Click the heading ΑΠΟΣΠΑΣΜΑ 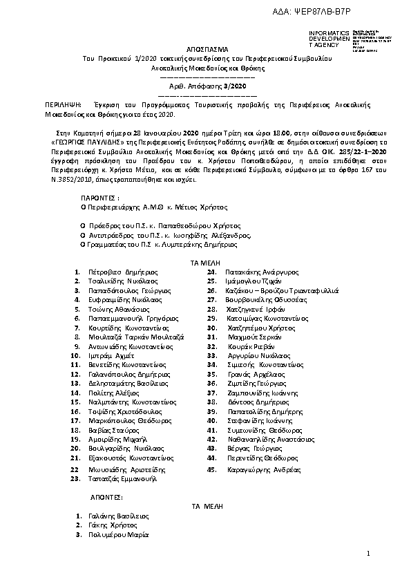coord(207,50)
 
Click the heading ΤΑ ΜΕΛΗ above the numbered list coord(207,263)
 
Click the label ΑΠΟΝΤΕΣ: coord(106,497)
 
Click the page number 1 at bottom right coord(369,554)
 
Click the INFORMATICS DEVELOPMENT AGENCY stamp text coord(330,39)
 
